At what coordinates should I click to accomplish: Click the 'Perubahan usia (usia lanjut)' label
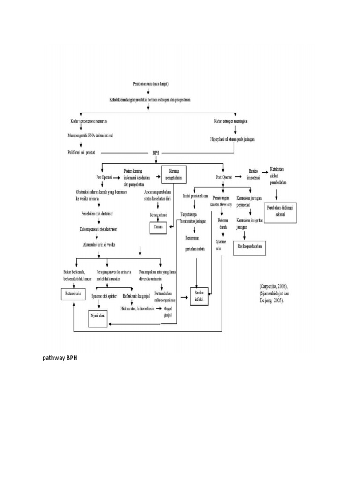click(148, 84)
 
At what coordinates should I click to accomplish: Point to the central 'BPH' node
click(155, 153)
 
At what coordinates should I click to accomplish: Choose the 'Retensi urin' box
click(73, 293)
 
